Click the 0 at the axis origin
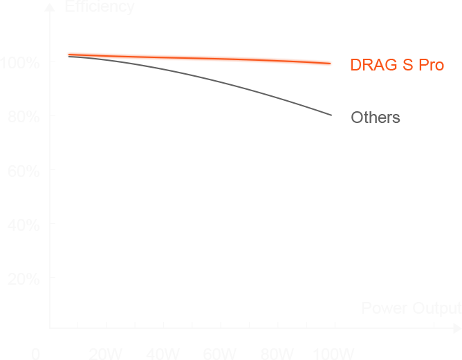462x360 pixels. (35, 354)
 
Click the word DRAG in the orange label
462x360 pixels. (371, 65)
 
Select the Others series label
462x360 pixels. (376, 117)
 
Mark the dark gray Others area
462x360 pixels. (201, 90)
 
